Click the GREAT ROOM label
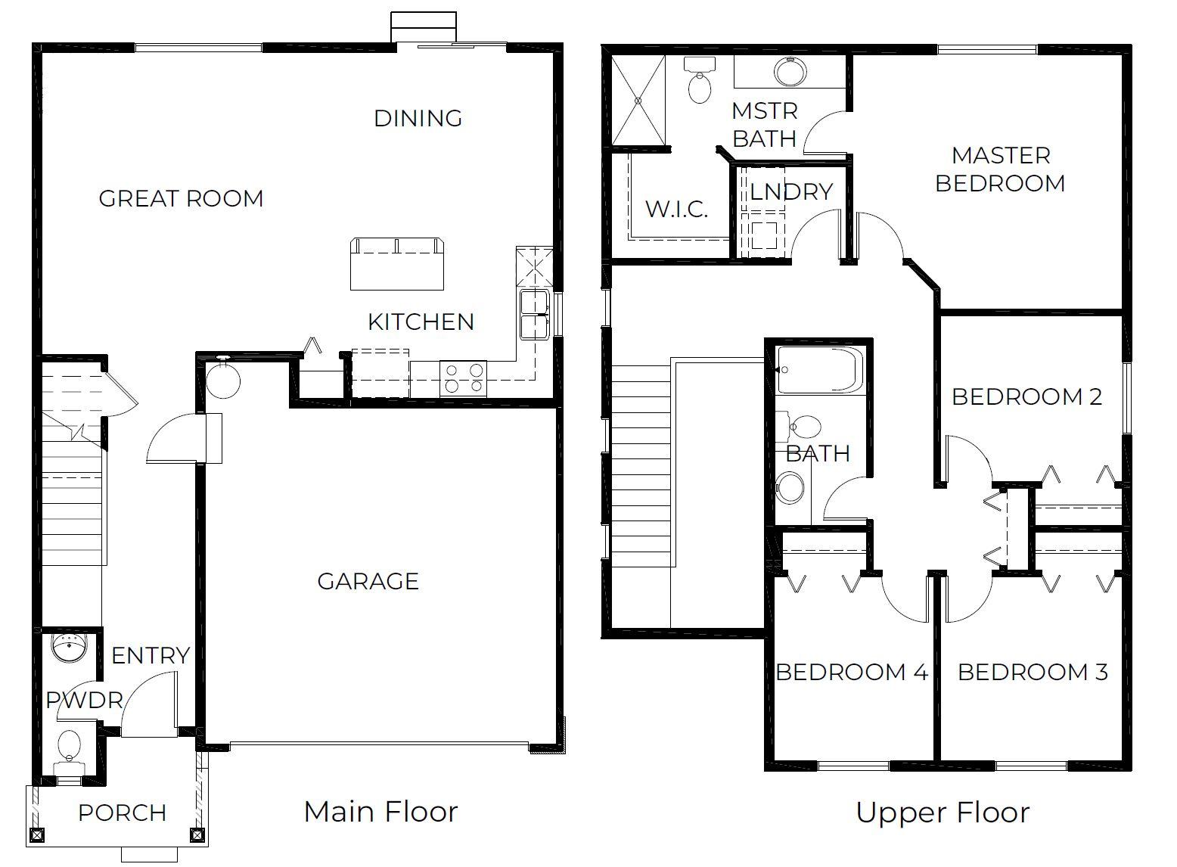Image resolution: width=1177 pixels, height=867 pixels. [181, 198]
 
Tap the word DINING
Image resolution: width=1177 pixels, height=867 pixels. [418, 118]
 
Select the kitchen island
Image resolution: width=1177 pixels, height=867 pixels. [396, 264]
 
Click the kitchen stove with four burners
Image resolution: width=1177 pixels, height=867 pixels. [464, 378]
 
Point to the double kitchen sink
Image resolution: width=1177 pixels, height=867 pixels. [535, 315]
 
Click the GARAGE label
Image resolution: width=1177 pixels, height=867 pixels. [368, 581]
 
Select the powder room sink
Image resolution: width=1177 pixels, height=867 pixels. [70, 648]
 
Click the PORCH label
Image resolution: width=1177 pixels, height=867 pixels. [122, 813]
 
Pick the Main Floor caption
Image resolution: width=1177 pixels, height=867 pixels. [380, 812]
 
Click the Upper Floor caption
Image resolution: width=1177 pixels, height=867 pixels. [943, 813]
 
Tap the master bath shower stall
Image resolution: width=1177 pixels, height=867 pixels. [638, 99]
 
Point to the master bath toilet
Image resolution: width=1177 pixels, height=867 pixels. [700, 81]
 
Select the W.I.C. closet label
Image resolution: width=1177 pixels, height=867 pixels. [676, 209]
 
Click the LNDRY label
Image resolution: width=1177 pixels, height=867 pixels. [790, 191]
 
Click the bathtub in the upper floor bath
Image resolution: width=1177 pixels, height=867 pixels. [820, 369]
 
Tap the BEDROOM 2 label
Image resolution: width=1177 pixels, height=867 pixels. [1026, 396]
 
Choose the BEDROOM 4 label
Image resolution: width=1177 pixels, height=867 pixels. [852, 672]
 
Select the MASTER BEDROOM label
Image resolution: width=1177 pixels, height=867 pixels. [1000, 169]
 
